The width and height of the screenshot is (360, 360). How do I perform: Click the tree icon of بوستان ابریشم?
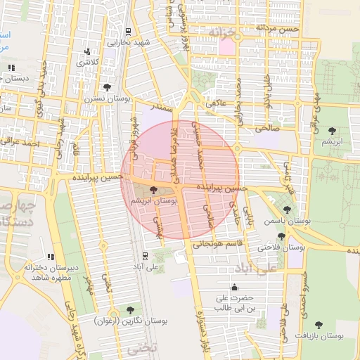click(x=154, y=189)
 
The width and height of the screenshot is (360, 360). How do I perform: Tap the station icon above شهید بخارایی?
click(x=127, y=32)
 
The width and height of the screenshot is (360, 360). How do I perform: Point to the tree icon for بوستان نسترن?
click(x=107, y=88)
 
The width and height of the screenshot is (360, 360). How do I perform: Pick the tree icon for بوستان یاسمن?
click(x=286, y=210)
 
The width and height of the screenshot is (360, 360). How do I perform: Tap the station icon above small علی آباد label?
click(x=145, y=256)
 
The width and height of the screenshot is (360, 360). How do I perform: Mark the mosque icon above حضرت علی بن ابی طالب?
click(x=234, y=287)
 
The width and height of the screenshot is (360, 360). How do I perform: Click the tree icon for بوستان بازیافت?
click(x=319, y=325)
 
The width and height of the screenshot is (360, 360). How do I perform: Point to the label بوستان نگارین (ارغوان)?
click(x=130, y=321)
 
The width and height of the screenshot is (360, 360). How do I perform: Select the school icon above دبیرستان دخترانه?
click(x=50, y=257)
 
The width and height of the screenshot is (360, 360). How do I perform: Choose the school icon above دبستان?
click(x=11, y=67)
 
